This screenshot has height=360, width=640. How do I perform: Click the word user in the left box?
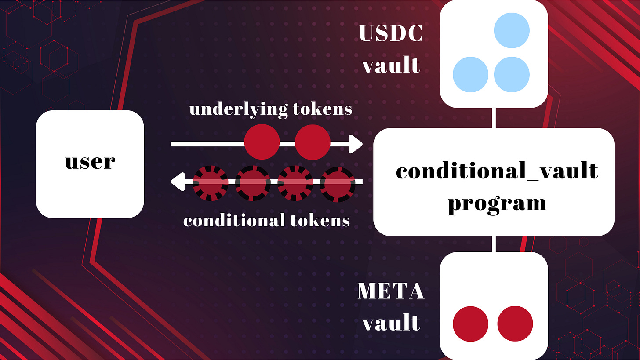click(90, 161)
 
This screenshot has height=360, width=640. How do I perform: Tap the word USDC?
click(391, 33)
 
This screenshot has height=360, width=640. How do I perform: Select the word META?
click(391, 291)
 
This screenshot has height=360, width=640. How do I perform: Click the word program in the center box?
click(497, 203)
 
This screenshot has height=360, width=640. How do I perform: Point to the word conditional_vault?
click(497, 171)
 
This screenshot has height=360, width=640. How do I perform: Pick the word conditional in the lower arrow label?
click(232, 220)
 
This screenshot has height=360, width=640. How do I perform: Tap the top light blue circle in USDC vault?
click(512, 31)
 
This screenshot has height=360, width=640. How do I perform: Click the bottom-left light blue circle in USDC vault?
click(470, 74)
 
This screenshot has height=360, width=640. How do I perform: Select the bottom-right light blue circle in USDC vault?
click(512, 74)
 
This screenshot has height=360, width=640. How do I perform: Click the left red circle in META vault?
click(470, 324)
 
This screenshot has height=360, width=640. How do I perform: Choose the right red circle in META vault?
click(515, 324)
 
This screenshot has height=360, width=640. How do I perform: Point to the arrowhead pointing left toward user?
click(177, 182)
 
